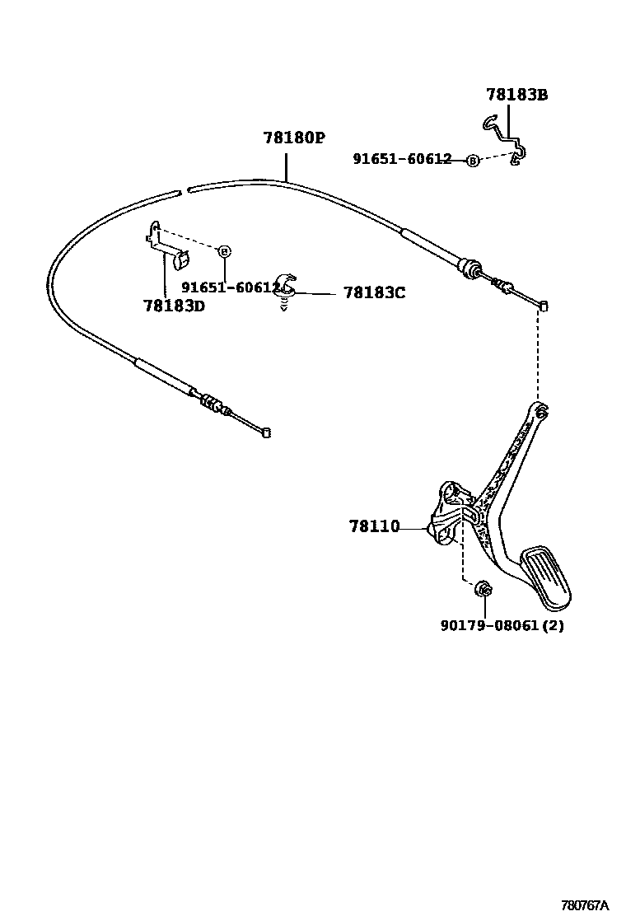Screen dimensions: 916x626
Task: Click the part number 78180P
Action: coord(294,138)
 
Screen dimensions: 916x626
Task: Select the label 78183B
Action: coord(516,95)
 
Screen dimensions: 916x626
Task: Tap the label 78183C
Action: coord(374,292)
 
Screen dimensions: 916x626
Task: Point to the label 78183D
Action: coord(173,306)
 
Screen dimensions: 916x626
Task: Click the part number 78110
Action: coord(373,526)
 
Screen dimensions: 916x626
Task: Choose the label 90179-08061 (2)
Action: coord(502,625)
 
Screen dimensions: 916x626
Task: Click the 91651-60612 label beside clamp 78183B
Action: coord(402,159)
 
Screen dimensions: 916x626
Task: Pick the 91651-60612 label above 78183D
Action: coord(231,287)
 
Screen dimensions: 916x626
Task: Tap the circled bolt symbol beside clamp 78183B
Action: coord(472,161)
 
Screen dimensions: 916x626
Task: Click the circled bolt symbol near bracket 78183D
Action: coord(225,250)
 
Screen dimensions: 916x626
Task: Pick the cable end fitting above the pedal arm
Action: coord(544,306)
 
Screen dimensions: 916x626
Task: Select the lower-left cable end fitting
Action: coord(264,432)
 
